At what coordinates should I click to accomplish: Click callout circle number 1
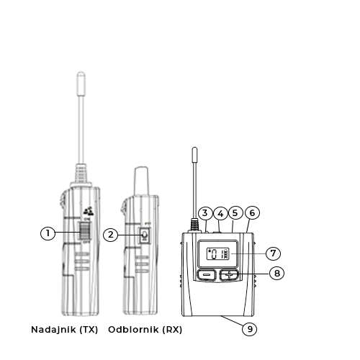pyautogui.click(x=48, y=233)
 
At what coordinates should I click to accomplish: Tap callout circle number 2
pyautogui.click(x=110, y=235)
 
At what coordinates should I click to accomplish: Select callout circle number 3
pyautogui.click(x=205, y=213)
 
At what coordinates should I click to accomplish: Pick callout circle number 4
pyautogui.click(x=220, y=213)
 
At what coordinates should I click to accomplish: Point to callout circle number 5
pyautogui.click(x=235, y=213)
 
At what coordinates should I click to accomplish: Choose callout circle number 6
pyautogui.click(x=252, y=213)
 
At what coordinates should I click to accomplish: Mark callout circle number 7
pyautogui.click(x=273, y=253)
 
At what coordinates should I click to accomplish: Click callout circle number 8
pyautogui.click(x=276, y=274)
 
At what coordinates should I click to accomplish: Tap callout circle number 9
pyautogui.click(x=249, y=328)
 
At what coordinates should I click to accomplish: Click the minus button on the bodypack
pyautogui.click(x=207, y=275)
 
